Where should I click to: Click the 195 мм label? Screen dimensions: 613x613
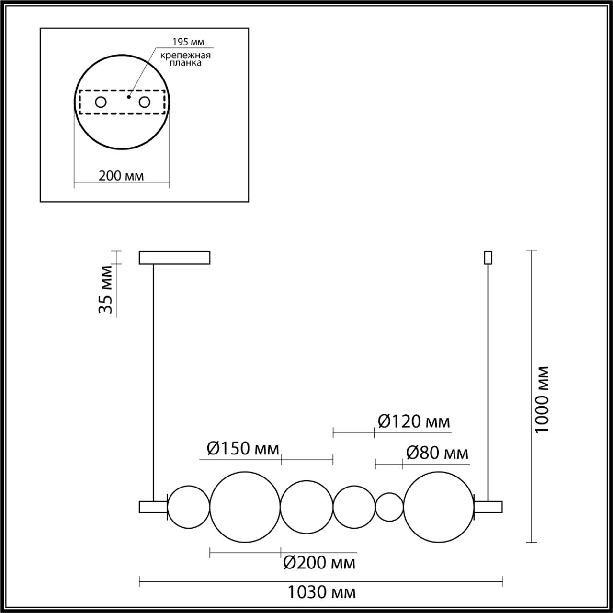(x=188, y=42)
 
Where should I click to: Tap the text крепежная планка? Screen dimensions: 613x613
(x=185, y=59)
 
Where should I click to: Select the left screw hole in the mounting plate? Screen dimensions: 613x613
(x=101, y=102)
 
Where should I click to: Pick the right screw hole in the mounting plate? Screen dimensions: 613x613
(x=144, y=102)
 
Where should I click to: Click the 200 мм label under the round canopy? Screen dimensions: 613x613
(x=121, y=176)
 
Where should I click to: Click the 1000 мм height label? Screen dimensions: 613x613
(x=542, y=399)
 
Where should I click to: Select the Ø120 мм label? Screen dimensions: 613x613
(x=414, y=422)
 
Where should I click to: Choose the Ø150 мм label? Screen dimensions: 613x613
(x=243, y=449)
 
